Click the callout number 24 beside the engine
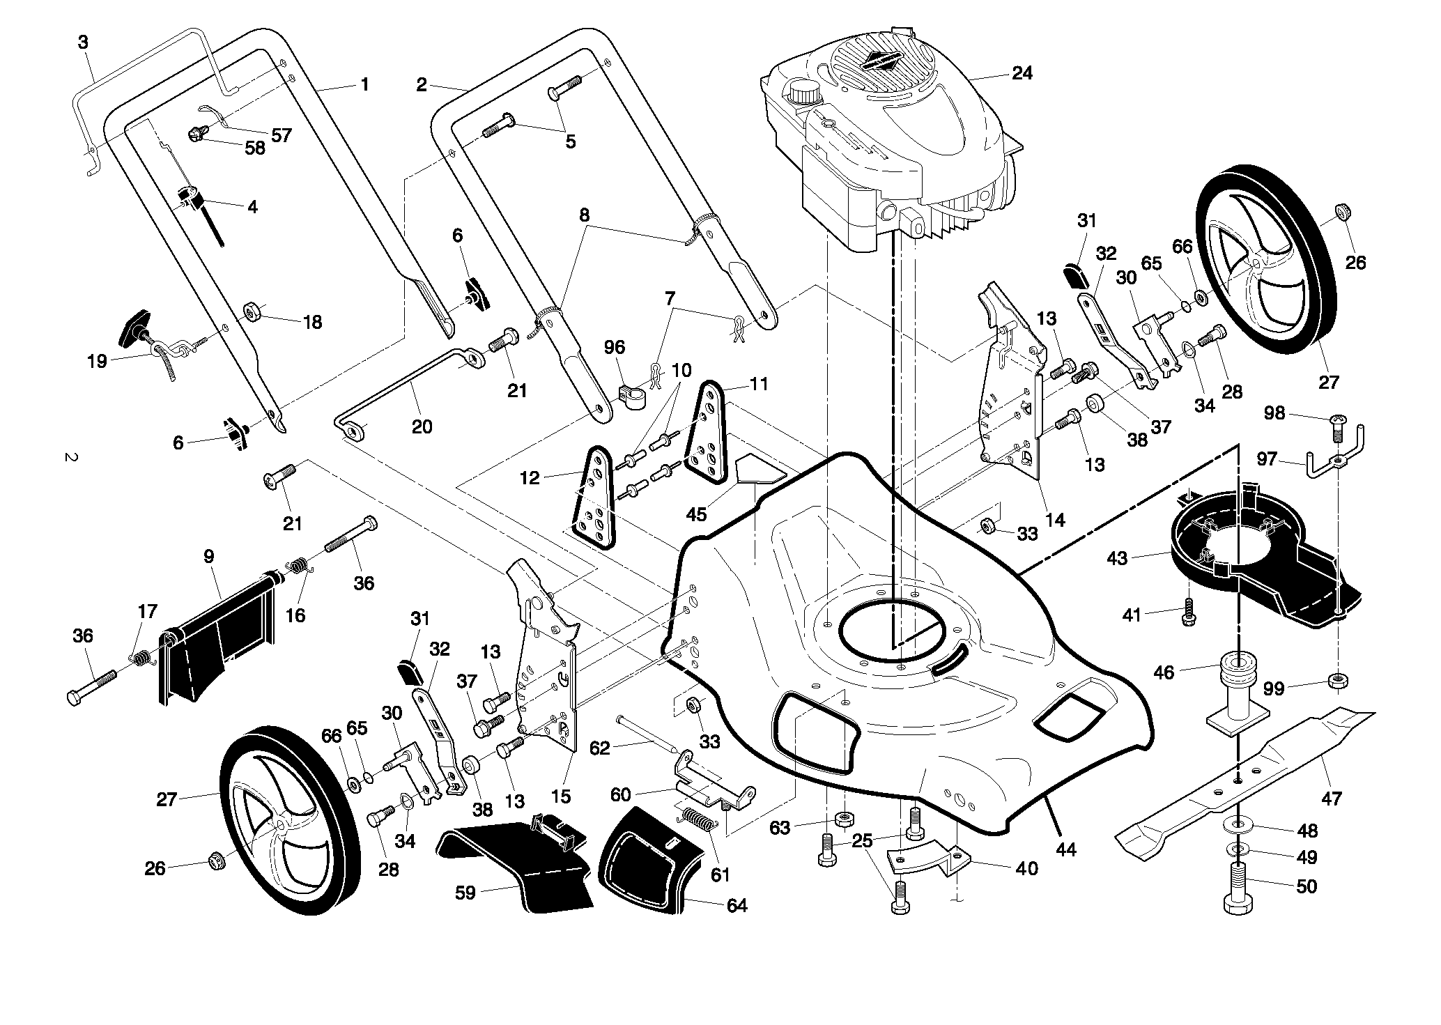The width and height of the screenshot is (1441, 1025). (x=1022, y=73)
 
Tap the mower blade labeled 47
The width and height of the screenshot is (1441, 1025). (x=1244, y=785)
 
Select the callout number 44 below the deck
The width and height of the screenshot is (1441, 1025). (x=1066, y=849)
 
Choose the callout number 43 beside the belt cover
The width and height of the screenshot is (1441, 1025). (x=1116, y=560)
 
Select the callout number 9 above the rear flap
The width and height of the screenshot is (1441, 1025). (x=209, y=556)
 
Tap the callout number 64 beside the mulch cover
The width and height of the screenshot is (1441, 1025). (x=737, y=905)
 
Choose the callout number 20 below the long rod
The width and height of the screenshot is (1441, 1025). (x=422, y=426)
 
